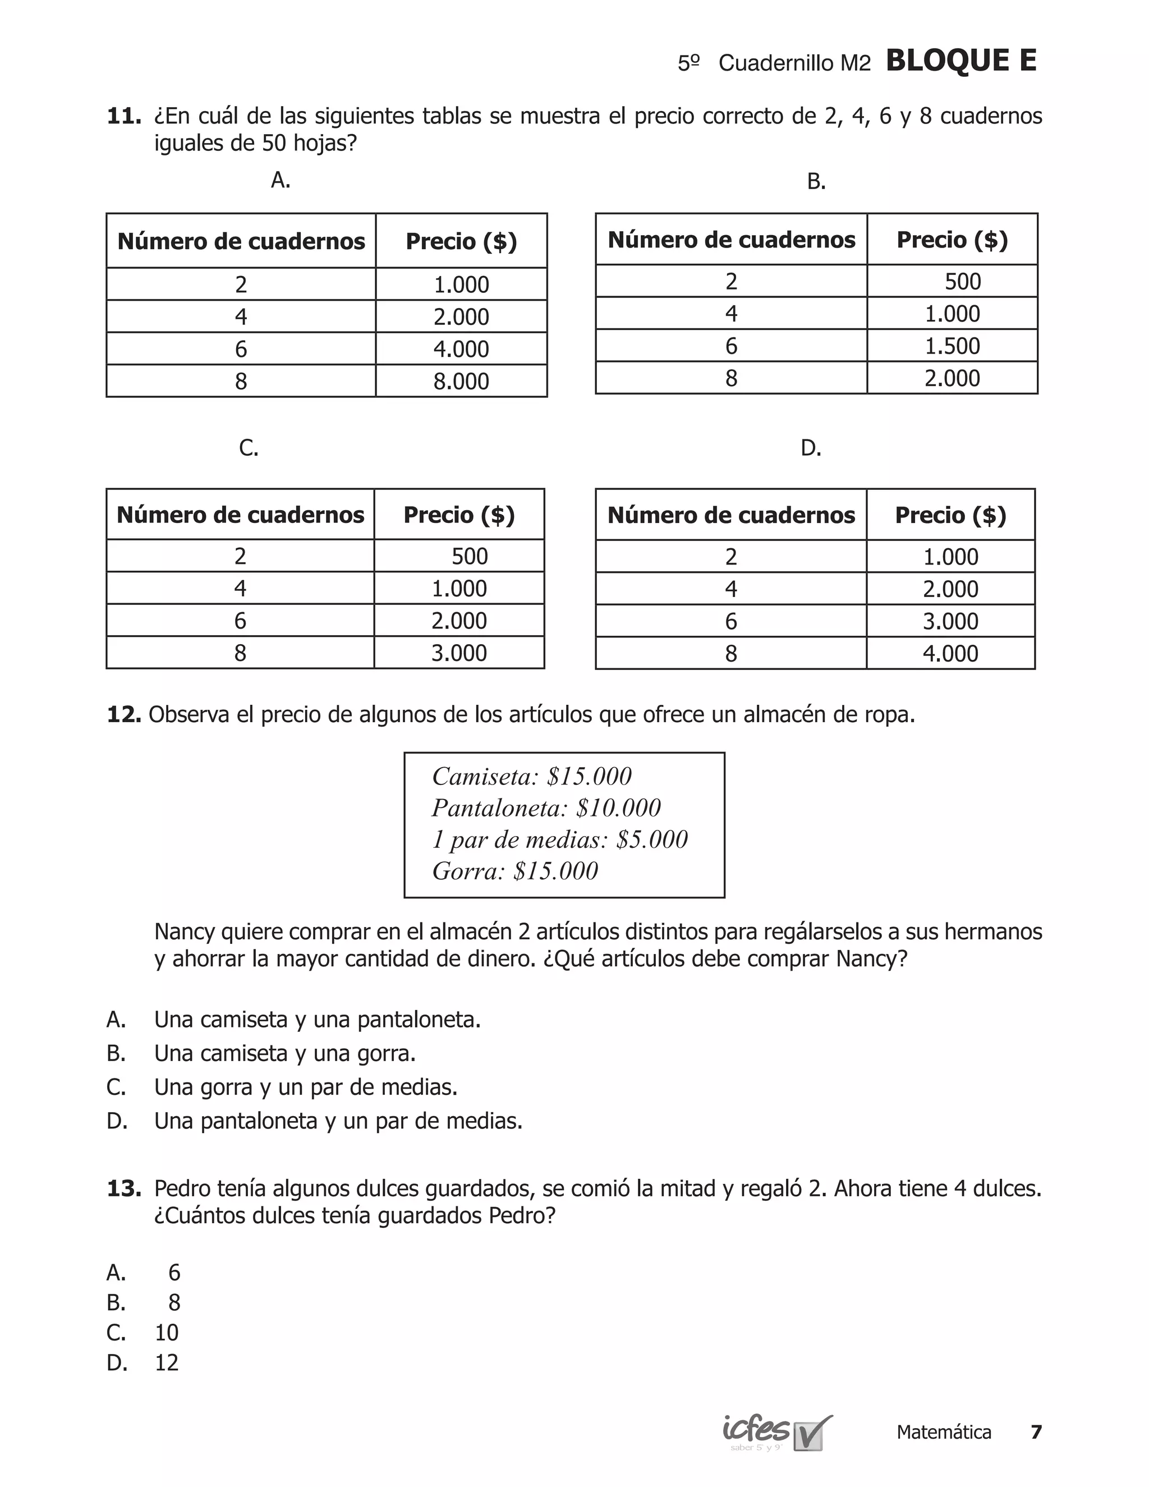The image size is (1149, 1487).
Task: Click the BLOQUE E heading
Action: click(960, 61)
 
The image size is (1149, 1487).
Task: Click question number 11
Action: click(123, 116)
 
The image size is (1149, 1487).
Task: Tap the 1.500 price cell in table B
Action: click(952, 346)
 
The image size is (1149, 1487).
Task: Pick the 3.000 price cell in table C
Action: click(459, 653)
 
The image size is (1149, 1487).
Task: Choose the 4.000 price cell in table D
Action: click(950, 654)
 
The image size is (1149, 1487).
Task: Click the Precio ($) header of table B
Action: click(952, 240)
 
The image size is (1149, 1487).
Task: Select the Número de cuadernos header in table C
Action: click(240, 515)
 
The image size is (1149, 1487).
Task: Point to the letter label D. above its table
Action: click(811, 448)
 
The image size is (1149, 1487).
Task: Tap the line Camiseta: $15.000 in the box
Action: click(532, 776)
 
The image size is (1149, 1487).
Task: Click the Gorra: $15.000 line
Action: click(514, 871)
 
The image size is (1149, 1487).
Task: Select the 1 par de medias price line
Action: click(559, 839)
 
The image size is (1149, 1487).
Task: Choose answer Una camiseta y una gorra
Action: click(284, 1053)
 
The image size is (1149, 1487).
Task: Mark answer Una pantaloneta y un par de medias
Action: click(338, 1121)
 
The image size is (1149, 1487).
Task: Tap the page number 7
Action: click(1036, 1432)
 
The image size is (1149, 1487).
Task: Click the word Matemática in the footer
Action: click(944, 1432)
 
